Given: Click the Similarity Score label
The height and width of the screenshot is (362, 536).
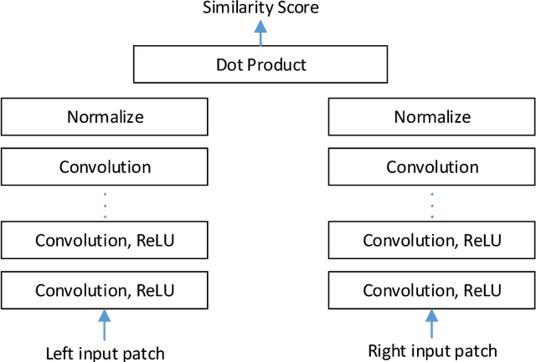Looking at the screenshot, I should pos(261,8).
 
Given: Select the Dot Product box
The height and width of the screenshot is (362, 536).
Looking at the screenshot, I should pos(260,64).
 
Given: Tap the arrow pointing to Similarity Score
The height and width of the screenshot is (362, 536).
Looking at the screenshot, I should pos(260,33).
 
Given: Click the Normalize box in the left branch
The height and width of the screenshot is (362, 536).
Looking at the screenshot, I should pos(104,116).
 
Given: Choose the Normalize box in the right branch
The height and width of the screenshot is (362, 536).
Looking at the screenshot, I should pos(431,116).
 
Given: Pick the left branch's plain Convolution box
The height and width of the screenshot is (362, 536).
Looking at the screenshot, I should pos(104,166).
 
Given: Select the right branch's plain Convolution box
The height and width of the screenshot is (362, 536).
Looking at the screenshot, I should pos(431,166).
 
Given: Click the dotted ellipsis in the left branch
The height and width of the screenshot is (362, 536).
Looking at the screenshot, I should pos(104,204).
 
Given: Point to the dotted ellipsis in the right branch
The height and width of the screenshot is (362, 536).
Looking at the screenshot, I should pos(431,204).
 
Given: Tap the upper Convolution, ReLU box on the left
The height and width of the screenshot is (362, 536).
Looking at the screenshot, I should pos(104,241).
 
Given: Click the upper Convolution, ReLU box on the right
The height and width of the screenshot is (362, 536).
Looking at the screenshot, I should pos(431,241).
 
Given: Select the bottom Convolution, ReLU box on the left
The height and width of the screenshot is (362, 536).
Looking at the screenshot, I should pos(104,290).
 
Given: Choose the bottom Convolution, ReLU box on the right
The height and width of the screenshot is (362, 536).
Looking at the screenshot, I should pos(431,290).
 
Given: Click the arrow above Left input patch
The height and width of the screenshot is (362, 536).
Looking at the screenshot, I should pos(104,324).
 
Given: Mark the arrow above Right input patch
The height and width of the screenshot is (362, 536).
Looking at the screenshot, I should pos(431,324).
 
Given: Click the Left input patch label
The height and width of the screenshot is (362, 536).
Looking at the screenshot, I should pos(104,353).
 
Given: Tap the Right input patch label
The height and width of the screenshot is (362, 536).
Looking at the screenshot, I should pos(432,350).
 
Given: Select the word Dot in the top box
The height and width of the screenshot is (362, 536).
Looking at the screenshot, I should pos(228,64).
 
